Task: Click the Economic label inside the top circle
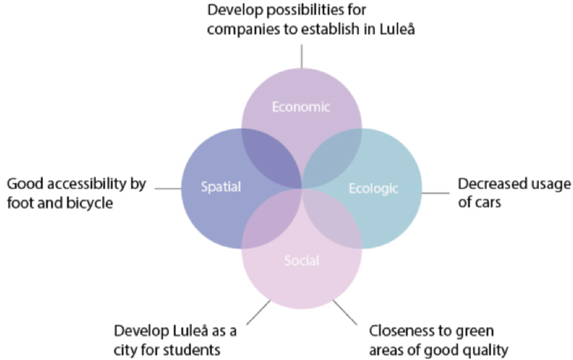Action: [301, 107]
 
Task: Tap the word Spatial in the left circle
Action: [221, 187]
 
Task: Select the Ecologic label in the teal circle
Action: [373, 189]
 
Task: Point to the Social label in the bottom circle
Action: [302, 261]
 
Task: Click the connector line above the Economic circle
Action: [302, 56]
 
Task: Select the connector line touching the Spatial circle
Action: [168, 189]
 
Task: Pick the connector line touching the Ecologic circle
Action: [435, 193]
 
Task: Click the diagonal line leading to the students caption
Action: [258, 312]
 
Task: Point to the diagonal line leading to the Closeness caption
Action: [345, 312]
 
